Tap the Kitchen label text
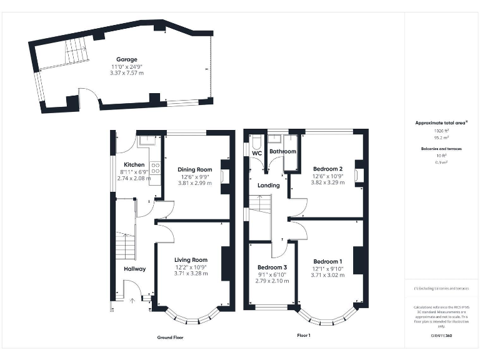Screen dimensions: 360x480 coord(134,165)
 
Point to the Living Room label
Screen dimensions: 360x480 coord(191,260)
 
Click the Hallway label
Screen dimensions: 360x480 coord(134,269)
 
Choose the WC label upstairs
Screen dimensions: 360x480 coord(257,152)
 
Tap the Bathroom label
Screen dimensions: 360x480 coord(282,152)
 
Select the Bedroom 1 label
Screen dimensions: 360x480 coord(327,261)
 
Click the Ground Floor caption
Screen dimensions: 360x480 coord(170,337)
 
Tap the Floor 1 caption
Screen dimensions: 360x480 coord(303,336)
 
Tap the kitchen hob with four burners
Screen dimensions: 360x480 coord(154,167)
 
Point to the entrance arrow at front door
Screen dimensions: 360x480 coord(132,300)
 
